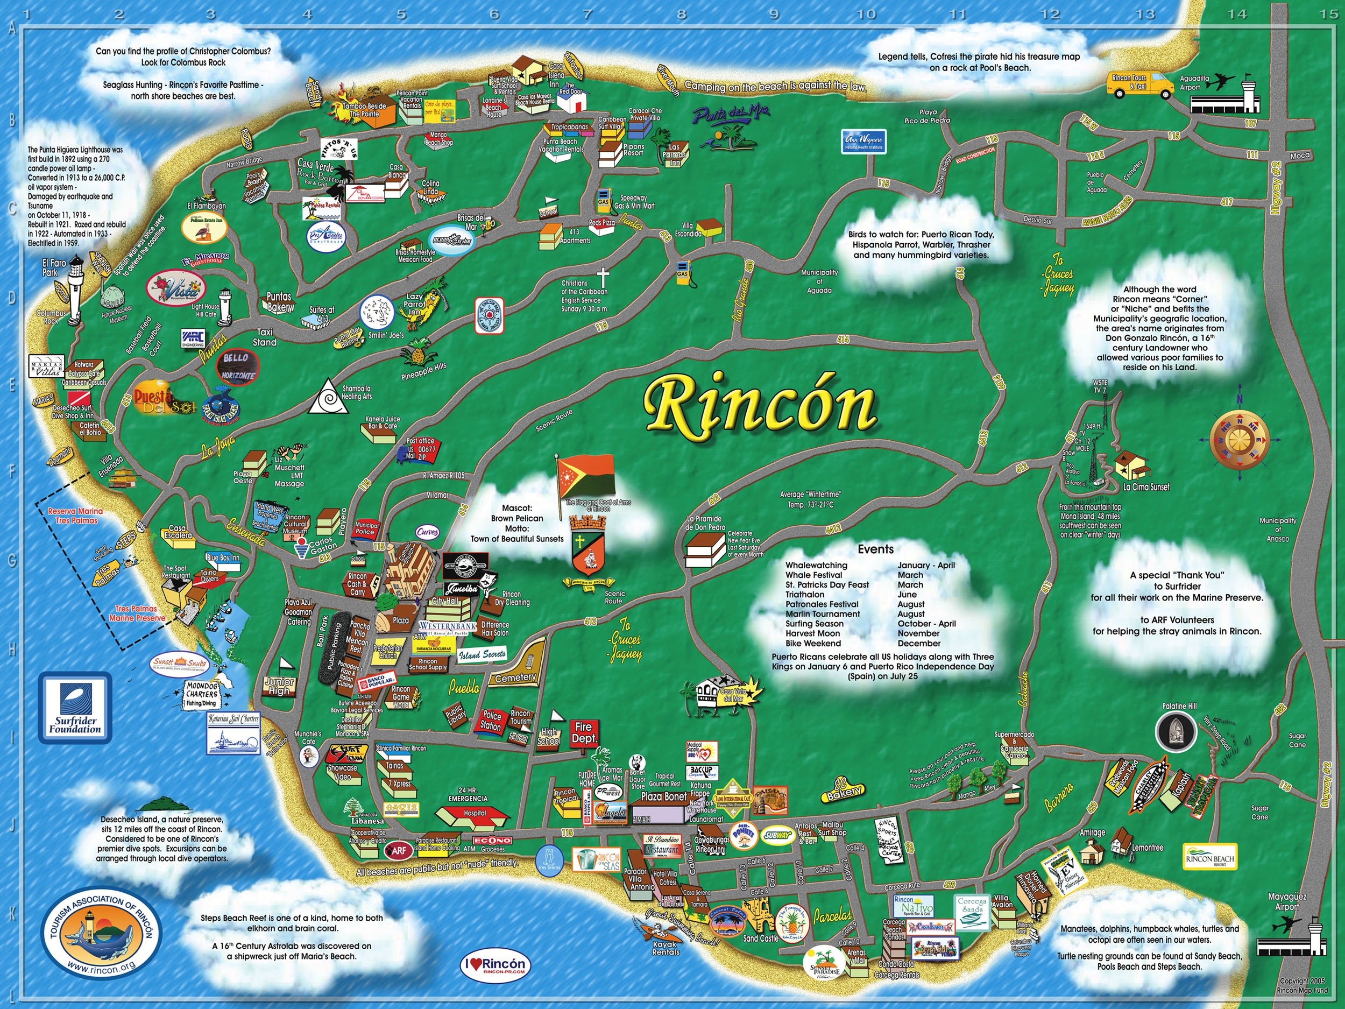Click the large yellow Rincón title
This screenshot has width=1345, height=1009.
pyautogui.click(x=760, y=406)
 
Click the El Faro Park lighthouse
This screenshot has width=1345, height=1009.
pyautogui.click(x=75, y=291)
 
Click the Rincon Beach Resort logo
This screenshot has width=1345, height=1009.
pyautogui.click(x=1209, y=858)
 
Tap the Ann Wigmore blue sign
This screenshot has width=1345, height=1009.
pyautogui.click(x=863, y=142)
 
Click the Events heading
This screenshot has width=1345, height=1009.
pyautogui.click(x=875, y=549)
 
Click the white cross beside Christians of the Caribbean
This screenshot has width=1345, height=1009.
pyautogui.click(x=603, y=278)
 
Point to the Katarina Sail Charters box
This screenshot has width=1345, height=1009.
pyautogui.click(x=233, y=732)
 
